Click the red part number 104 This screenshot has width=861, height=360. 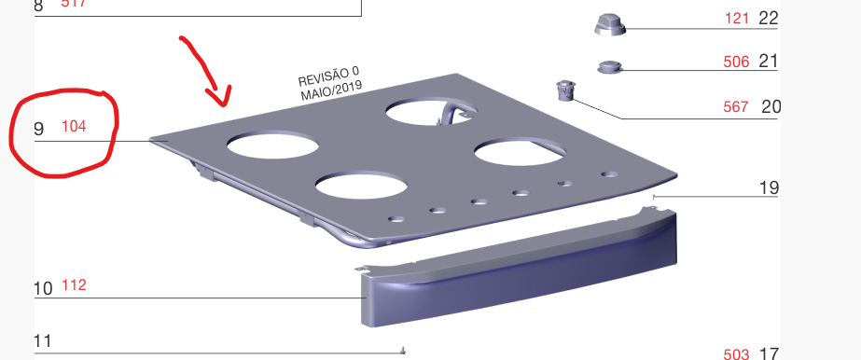[x=74, y=126]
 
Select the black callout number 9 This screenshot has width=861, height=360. [x=38, y=129]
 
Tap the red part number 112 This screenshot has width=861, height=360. [x=74, y=285]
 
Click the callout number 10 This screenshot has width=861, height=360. [x=44, y=289]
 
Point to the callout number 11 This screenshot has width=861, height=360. [x=43, y=341]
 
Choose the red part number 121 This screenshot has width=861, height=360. [x=737, y=18]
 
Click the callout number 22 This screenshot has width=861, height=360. [x=769, y=18]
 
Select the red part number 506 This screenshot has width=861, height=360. [x=736, y=62]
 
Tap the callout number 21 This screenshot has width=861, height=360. [x=769, y=62]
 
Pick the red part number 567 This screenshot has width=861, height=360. [x=736, y=106]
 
